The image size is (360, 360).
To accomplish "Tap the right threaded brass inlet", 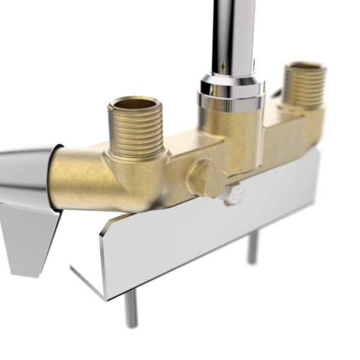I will [x=304, y=84].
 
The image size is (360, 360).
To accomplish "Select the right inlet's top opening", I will [x=304, y=66].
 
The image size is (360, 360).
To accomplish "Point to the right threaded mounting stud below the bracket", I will [x=253, y=246].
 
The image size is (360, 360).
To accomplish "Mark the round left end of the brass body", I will [x=59, y=177].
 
